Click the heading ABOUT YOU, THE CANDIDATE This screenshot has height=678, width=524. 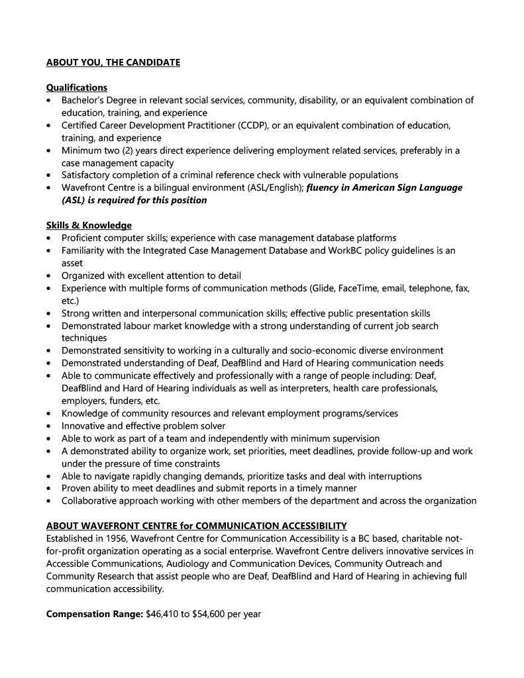tap(113, 63)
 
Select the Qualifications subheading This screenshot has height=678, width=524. tap(76, 87)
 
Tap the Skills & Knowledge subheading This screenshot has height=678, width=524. tap(89, 225)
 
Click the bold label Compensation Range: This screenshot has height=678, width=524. tap(94, 614)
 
